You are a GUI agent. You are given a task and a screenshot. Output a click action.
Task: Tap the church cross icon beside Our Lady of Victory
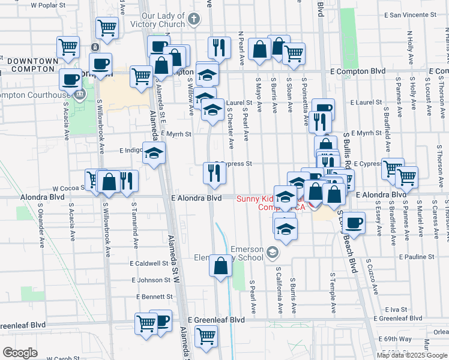click(193, 19)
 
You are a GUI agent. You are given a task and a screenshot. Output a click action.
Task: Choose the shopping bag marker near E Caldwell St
click(221, 266)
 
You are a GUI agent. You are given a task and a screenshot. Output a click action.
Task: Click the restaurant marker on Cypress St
click(214, 173)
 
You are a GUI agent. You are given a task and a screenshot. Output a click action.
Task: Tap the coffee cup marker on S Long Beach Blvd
click(354, 223)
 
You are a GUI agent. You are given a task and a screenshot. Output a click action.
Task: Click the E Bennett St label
click(154, 297)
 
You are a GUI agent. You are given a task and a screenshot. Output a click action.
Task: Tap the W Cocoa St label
click(70, 188)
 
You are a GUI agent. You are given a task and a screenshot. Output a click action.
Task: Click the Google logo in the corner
click(20, 353)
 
